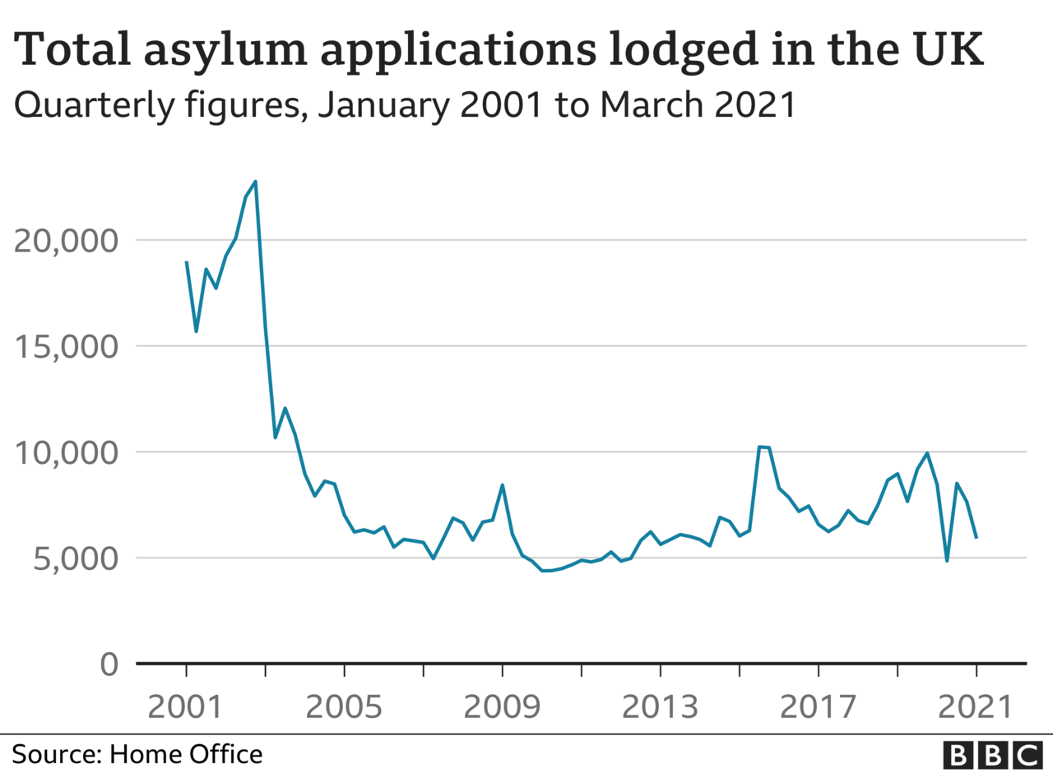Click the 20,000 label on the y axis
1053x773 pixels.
tap(66, 241)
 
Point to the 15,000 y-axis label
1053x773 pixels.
tap(66, 347)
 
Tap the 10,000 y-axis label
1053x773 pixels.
tap(66, 453)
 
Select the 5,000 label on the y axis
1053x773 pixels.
tap(75, 559)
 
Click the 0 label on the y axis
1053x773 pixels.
tap(109, 664)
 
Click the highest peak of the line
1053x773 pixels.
tap(255, 182)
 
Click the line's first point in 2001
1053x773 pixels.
tap(187, 262)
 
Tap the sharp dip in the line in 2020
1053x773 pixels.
tap(947, 561)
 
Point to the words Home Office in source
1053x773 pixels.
tap(186, 755)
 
